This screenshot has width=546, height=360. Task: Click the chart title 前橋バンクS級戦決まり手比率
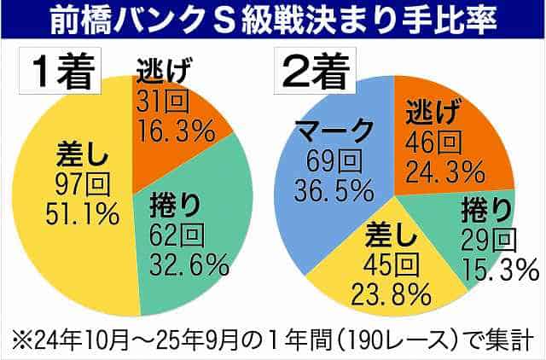273,19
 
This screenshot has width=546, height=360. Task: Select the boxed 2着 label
311,71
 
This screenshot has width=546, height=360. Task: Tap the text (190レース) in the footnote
341,337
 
